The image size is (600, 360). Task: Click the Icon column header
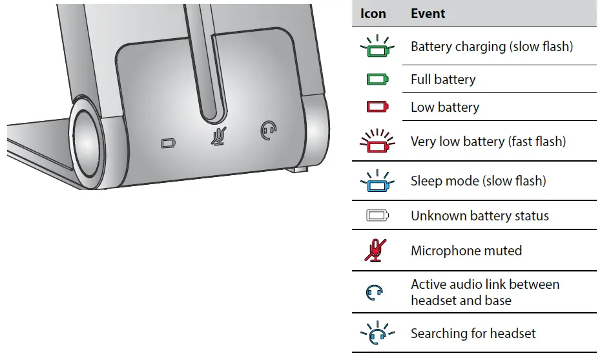point(373,14)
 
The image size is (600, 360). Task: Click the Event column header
point(428,14)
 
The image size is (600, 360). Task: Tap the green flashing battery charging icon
point(376,48)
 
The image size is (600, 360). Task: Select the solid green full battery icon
point(376,79)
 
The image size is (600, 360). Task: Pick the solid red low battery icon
point(376,107)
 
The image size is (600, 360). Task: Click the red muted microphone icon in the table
point(375,250)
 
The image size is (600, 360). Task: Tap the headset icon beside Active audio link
point(375,293)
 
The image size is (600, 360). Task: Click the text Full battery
point(443,79)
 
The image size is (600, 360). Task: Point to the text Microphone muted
point(466,250)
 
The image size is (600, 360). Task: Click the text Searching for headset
point(473,334)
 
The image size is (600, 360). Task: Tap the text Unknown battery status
point(480,216)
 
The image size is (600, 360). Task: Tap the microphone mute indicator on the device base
point(220,136)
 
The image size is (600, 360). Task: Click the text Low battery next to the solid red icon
point(445,107)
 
